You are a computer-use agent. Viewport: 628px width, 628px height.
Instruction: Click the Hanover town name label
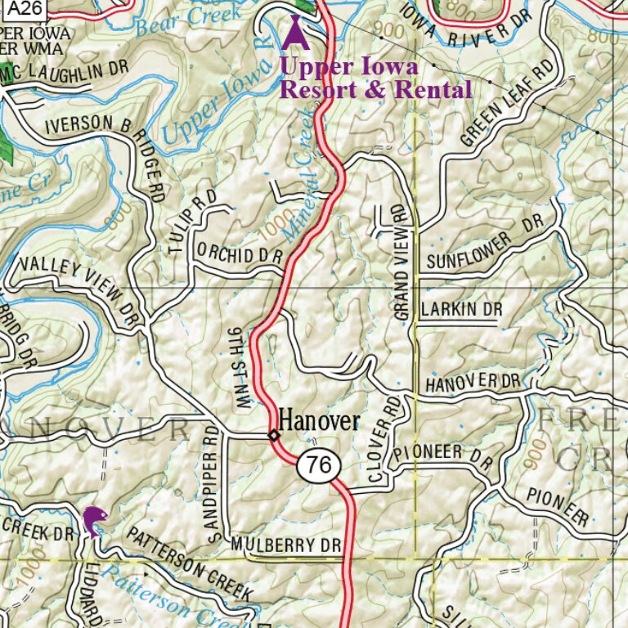pyautogui.click(x=319, y=421)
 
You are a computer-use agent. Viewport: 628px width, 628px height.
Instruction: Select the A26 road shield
pyautogui.click(x=21, y=8)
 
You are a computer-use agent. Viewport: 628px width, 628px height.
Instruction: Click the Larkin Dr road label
pyautogui.click(x=460, y=310)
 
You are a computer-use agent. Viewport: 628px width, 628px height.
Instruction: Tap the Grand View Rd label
pyautogui.click(x=400, y=262)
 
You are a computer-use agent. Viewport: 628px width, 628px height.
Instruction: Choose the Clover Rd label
pyautogui.click(x=381, y=438)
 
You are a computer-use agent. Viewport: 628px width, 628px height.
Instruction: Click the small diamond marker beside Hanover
pyautogui.click(x=274, y=435)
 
